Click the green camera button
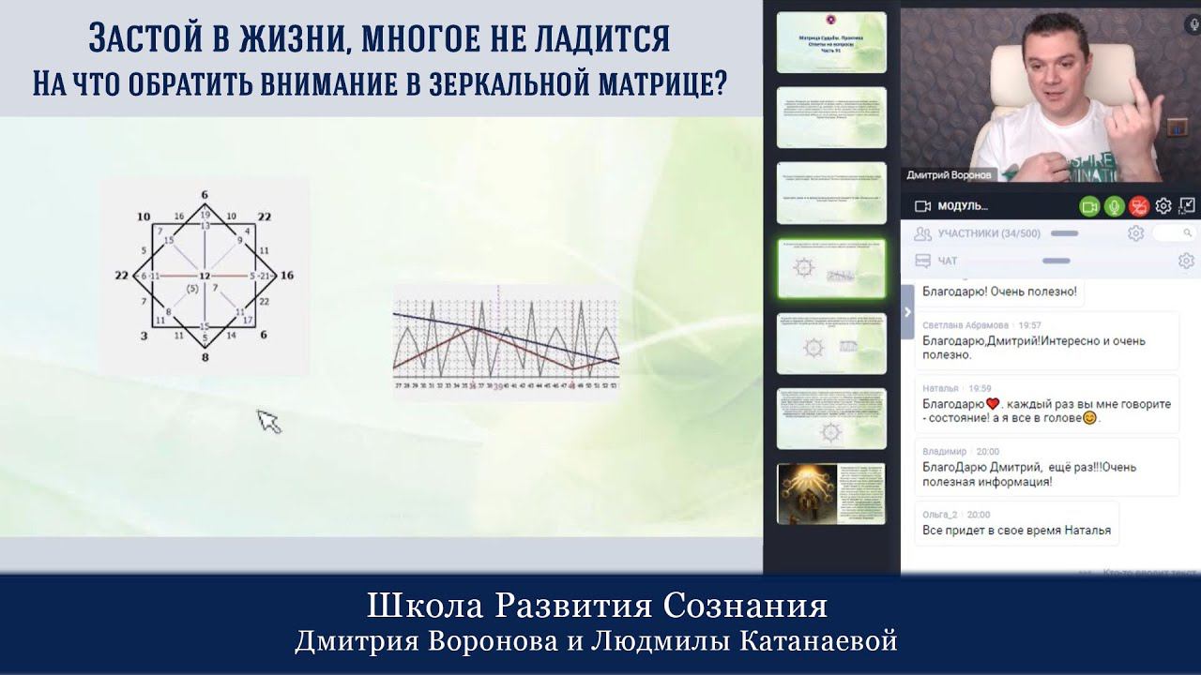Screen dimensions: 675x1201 1089,206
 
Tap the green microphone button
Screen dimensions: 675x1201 1114,206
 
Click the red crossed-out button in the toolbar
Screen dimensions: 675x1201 1138,206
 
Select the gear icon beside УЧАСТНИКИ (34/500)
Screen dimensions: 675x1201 1135,233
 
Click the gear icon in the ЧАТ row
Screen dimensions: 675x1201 1186,261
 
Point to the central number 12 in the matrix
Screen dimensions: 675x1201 204,277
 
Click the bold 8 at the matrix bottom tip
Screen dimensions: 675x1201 204,356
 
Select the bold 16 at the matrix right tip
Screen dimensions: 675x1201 287,276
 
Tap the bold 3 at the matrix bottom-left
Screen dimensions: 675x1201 144,335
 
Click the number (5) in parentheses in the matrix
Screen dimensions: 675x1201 191,289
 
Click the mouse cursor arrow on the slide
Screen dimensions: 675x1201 268,421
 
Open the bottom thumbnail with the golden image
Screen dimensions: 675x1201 831,493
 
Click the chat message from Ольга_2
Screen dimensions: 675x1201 1016,530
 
